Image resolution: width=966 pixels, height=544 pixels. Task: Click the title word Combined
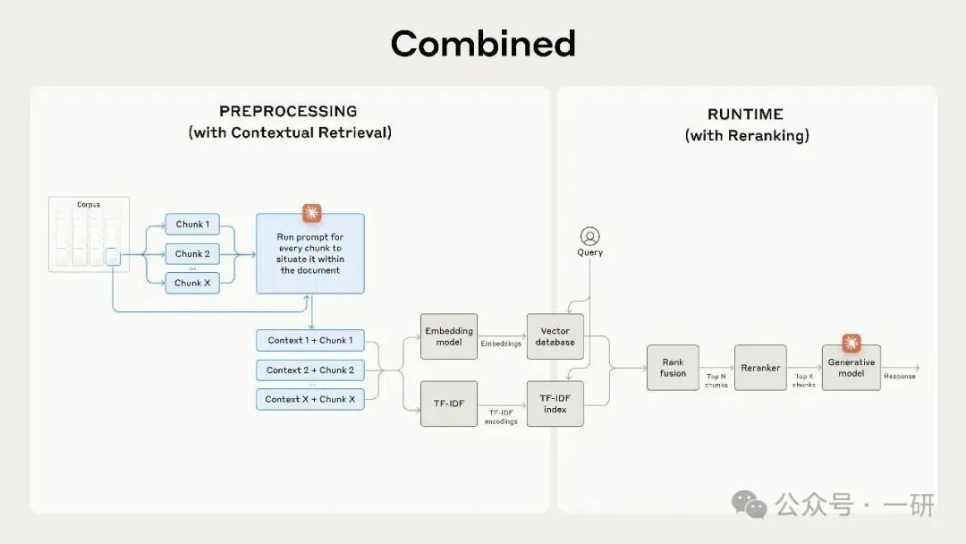483,43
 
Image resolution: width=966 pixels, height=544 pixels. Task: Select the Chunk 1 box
192,225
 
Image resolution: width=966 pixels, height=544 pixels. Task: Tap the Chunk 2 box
192,253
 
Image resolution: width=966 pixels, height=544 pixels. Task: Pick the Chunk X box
192,283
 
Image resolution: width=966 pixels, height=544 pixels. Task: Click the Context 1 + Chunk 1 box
310,340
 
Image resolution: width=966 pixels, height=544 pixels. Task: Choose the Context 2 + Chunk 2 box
310,370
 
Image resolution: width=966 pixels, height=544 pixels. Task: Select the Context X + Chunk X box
310,399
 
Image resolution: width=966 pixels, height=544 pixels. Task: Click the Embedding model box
449,336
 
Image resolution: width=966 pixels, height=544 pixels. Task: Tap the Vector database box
555,336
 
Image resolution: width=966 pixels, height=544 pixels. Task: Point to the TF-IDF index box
555,403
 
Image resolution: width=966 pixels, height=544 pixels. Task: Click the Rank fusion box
673,367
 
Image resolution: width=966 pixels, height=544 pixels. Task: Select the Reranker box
760,367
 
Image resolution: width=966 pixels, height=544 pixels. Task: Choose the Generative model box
852,368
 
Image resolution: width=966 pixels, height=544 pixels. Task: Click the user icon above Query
589,236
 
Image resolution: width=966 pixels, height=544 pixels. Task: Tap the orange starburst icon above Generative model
851,343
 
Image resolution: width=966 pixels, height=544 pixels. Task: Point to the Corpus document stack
89,234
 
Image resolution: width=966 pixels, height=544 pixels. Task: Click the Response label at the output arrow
900,377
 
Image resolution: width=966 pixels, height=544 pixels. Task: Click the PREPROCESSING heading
288,111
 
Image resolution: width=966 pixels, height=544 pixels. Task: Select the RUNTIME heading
745,114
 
